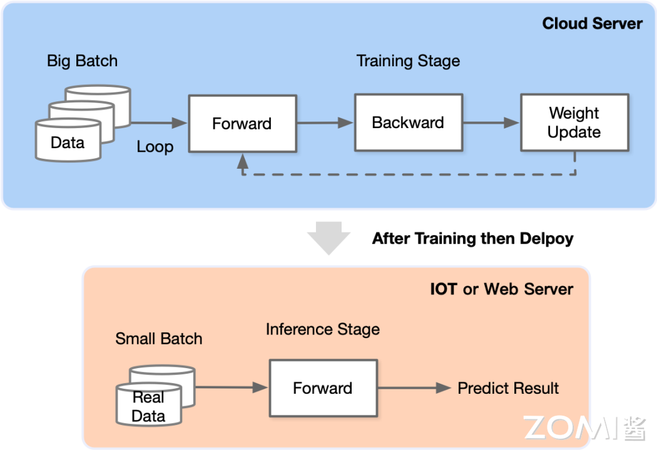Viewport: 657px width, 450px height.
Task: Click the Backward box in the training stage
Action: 408,122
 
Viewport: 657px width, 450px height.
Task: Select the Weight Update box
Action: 574,122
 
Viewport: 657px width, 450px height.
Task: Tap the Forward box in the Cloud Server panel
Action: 242,123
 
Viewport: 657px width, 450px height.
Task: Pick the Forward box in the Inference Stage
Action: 323,388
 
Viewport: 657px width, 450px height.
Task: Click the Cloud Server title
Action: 592,24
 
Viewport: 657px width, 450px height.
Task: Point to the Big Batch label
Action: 82,61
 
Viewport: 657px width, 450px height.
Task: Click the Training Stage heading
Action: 408,61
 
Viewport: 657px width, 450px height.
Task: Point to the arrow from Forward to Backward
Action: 325,123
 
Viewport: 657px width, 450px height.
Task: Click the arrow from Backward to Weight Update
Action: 491,123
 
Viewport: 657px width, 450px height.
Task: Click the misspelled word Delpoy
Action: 547,238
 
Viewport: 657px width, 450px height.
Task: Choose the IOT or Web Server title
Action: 501,289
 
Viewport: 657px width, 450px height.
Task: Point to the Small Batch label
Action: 159,339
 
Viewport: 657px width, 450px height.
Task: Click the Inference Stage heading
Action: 322,329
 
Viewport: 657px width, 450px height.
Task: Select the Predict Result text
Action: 508,388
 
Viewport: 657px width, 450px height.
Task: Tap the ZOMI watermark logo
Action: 584,427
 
